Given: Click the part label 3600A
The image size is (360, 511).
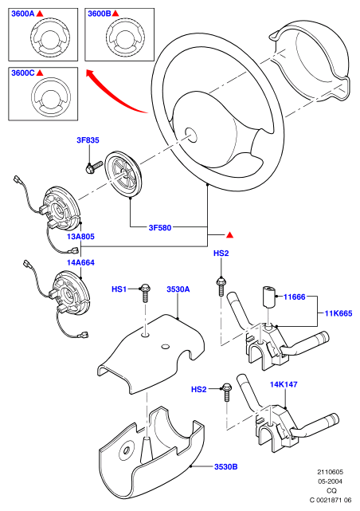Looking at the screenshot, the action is click(x=23, y=14).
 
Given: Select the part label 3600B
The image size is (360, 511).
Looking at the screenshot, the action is click(x=100, y=14).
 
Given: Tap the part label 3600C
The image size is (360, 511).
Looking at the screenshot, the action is click(x=23, y=73).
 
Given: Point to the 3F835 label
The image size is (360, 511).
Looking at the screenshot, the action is click(x=88, y=140).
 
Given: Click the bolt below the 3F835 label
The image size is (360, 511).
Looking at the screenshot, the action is click(x=93, y=167).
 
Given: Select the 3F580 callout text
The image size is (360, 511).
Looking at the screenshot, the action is click(x=160, y=227).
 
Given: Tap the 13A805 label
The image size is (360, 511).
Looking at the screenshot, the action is click(x=80, y=237).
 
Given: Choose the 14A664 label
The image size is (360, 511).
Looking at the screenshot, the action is click(x=80, y=262).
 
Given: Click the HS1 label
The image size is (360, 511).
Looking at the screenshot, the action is click(x=119, y=289).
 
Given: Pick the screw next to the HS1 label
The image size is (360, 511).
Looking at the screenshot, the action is click(x=145, y=293).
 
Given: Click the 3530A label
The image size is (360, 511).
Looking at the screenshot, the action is click(x=178, y=289).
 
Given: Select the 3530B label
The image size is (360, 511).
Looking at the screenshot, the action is click(x=225, y=466).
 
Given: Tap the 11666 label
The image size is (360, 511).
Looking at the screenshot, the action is click(x=294, y=297).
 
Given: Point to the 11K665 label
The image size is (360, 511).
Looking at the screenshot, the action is click(x=338, y=313).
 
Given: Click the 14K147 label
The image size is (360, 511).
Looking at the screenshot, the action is click(x=284, y=384).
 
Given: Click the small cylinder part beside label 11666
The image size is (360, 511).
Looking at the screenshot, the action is click(x=268, y=296).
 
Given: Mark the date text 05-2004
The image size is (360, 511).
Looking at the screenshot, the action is click(x=330, y=482).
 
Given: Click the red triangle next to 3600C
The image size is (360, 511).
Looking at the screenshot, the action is click(x=40, y=73).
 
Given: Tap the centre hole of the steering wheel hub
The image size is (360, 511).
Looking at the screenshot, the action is click(x=191, y=135).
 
